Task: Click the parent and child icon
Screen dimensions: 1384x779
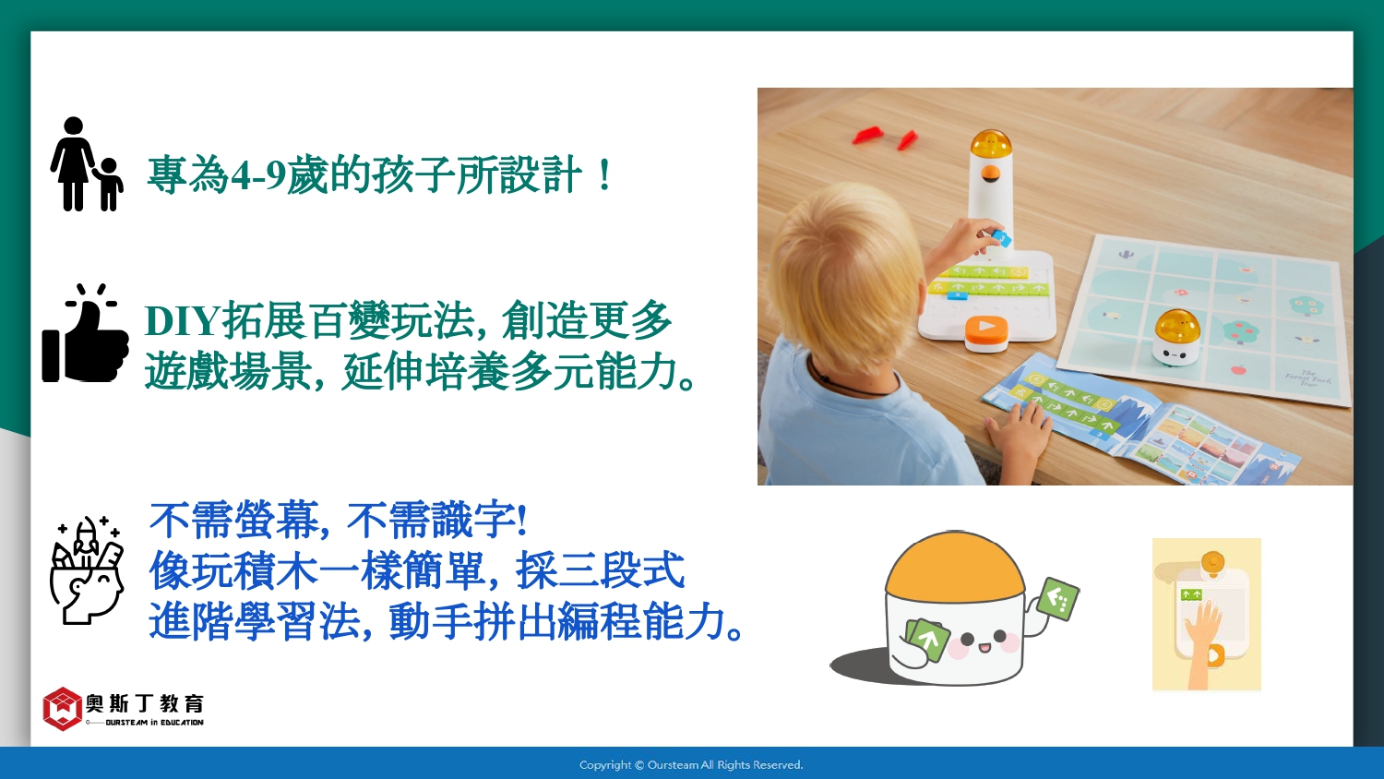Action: [x=87, y=164]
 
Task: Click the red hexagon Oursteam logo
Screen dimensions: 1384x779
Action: [x=63, y=709]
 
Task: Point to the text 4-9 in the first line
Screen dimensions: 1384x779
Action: [x=257, y=175]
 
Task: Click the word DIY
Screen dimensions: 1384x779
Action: [x=183, y=320]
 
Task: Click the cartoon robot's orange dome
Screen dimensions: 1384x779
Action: [x=955, y=563]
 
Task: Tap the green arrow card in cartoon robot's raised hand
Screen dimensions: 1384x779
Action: [x=1057, y=598]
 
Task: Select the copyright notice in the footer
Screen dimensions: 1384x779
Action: [x=691, y=765]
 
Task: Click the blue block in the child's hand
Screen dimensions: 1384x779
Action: [x=1001, y=238]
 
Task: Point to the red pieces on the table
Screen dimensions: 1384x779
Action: [x=885, y=136]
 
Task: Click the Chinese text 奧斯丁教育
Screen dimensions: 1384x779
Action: [x=145, y=703]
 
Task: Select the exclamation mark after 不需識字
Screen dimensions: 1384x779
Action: [x=523, y=520]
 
